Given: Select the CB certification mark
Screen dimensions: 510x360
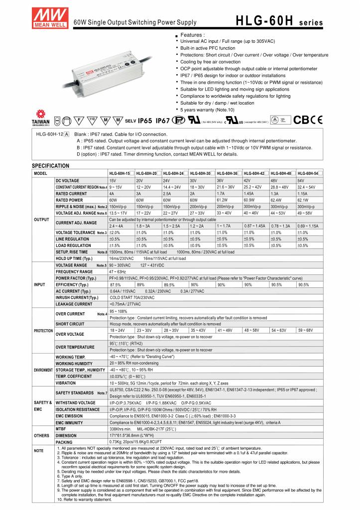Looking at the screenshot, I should coord(301,120).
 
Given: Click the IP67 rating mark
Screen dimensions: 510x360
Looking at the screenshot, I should coord(163,121).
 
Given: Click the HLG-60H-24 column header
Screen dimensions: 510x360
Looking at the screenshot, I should coord(174,173).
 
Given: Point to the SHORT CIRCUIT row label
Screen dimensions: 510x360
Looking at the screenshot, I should coord(70,323).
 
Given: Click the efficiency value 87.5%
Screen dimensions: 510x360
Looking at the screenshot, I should coord(116,284).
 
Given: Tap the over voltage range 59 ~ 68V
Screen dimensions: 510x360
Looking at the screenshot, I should coord(305,330).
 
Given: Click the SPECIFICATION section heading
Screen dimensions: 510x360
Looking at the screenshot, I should coord(50,165).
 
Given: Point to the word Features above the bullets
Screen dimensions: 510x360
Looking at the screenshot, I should coord(192,35).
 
